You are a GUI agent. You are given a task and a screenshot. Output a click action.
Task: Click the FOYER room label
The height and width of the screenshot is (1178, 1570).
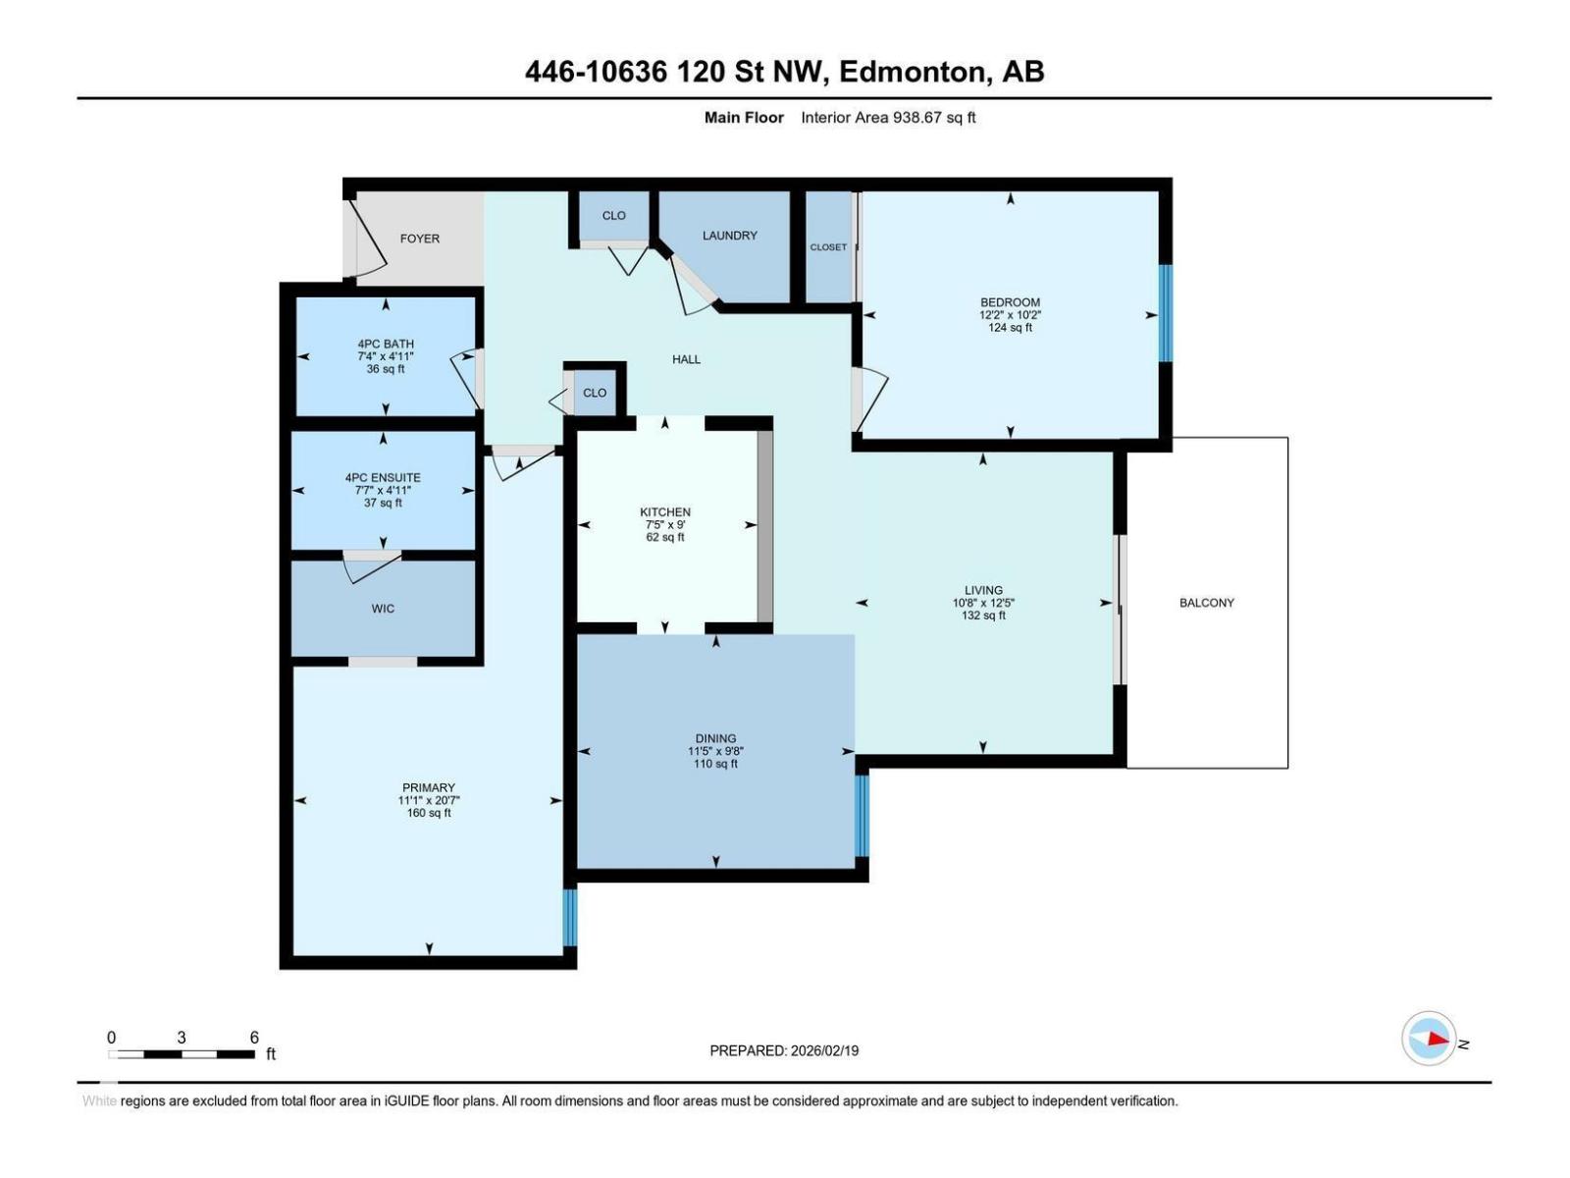point(420,239)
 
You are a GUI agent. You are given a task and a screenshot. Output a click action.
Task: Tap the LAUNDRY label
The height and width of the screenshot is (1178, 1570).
point(729,236)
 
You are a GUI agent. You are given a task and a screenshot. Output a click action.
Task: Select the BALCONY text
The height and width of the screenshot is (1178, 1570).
point(1206,603)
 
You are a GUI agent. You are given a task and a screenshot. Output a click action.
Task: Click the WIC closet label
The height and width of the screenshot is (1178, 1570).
point(383,609)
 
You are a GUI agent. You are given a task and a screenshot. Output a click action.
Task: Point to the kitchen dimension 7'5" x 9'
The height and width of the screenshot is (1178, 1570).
point(665,525)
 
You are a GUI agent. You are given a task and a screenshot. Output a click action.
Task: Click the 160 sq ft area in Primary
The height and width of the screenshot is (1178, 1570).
point(429,813)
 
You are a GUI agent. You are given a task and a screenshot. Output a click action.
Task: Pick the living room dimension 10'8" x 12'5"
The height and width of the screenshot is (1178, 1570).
point(982,604)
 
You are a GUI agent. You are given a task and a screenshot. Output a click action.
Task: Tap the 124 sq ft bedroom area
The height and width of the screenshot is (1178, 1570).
point(1010,328)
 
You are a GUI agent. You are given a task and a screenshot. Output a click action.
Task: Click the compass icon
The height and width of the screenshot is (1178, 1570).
point(1429,1039)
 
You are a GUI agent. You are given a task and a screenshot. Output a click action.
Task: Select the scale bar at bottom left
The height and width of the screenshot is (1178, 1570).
point(182,1053)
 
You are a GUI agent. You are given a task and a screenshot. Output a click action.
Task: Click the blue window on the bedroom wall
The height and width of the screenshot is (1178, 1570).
point(1165,313)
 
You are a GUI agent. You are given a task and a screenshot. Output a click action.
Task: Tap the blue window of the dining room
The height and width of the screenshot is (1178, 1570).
point(862,815)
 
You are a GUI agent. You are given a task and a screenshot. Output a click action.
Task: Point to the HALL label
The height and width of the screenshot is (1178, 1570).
point(686,359)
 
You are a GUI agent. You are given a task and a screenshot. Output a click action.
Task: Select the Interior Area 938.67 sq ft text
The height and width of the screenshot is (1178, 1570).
point(888,118)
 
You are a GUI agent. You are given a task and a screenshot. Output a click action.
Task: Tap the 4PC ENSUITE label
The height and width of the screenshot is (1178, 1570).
point(383,478)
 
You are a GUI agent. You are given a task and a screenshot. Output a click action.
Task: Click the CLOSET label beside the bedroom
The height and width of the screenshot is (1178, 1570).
point(828,247)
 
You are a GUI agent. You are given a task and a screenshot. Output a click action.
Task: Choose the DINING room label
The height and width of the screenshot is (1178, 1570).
point(715,738)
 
